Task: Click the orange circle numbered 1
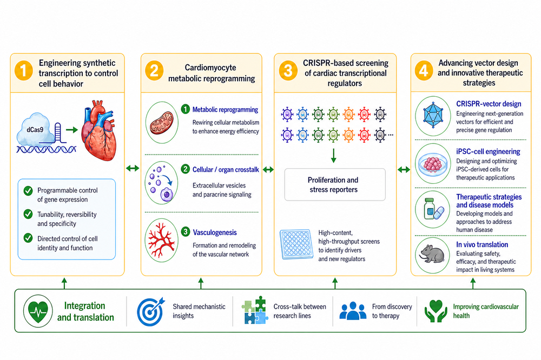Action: [23, 70]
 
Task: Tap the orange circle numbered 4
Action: [424, 70]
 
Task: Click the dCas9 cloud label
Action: [36, 130]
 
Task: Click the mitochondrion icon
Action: [161, 122]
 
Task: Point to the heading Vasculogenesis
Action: [215, 232]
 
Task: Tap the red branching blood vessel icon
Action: [161, 240]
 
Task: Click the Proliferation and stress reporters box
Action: [335, 184]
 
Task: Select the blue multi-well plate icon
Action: [296, 244]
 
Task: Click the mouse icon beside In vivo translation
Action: [432, 254]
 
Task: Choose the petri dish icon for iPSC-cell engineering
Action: [433, 163]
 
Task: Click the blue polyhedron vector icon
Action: [433, 116]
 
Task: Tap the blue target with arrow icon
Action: [150, 311]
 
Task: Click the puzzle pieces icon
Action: [255, 310]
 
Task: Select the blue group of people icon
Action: [353, 311]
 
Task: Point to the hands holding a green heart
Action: [436, 311]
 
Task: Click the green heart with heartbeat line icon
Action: [38, 311]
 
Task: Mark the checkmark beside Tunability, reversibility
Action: [28, 214]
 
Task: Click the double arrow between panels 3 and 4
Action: [404, 169]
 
